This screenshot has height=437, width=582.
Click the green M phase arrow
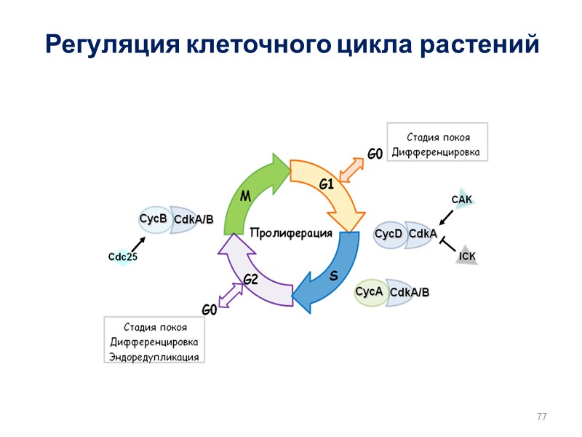click(251, 193)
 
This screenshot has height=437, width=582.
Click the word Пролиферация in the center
click(291, 234)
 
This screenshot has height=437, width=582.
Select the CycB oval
click(154, 219)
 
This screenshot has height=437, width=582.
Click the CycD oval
click(388, 235)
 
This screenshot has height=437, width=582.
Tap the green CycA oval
click(369, 292)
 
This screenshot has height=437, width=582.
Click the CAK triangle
click(462, 200)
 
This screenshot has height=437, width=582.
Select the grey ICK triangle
click(467, 256)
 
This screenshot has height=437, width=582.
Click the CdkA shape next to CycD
click(423, 235)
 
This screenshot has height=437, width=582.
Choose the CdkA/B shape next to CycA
click(410, 293)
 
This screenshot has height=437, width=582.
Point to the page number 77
click(541, 417)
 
